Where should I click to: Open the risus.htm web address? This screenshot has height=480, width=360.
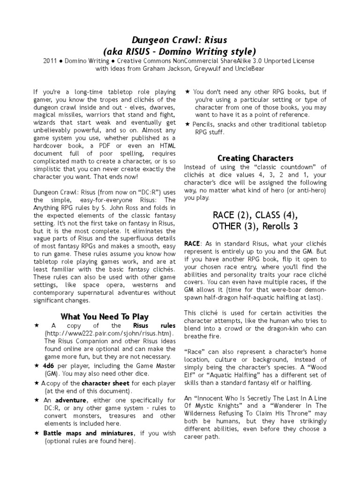click(109, 333)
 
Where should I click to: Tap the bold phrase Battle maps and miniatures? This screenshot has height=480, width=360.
click(90, 433)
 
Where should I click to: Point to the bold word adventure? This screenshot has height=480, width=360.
click(71, 401)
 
